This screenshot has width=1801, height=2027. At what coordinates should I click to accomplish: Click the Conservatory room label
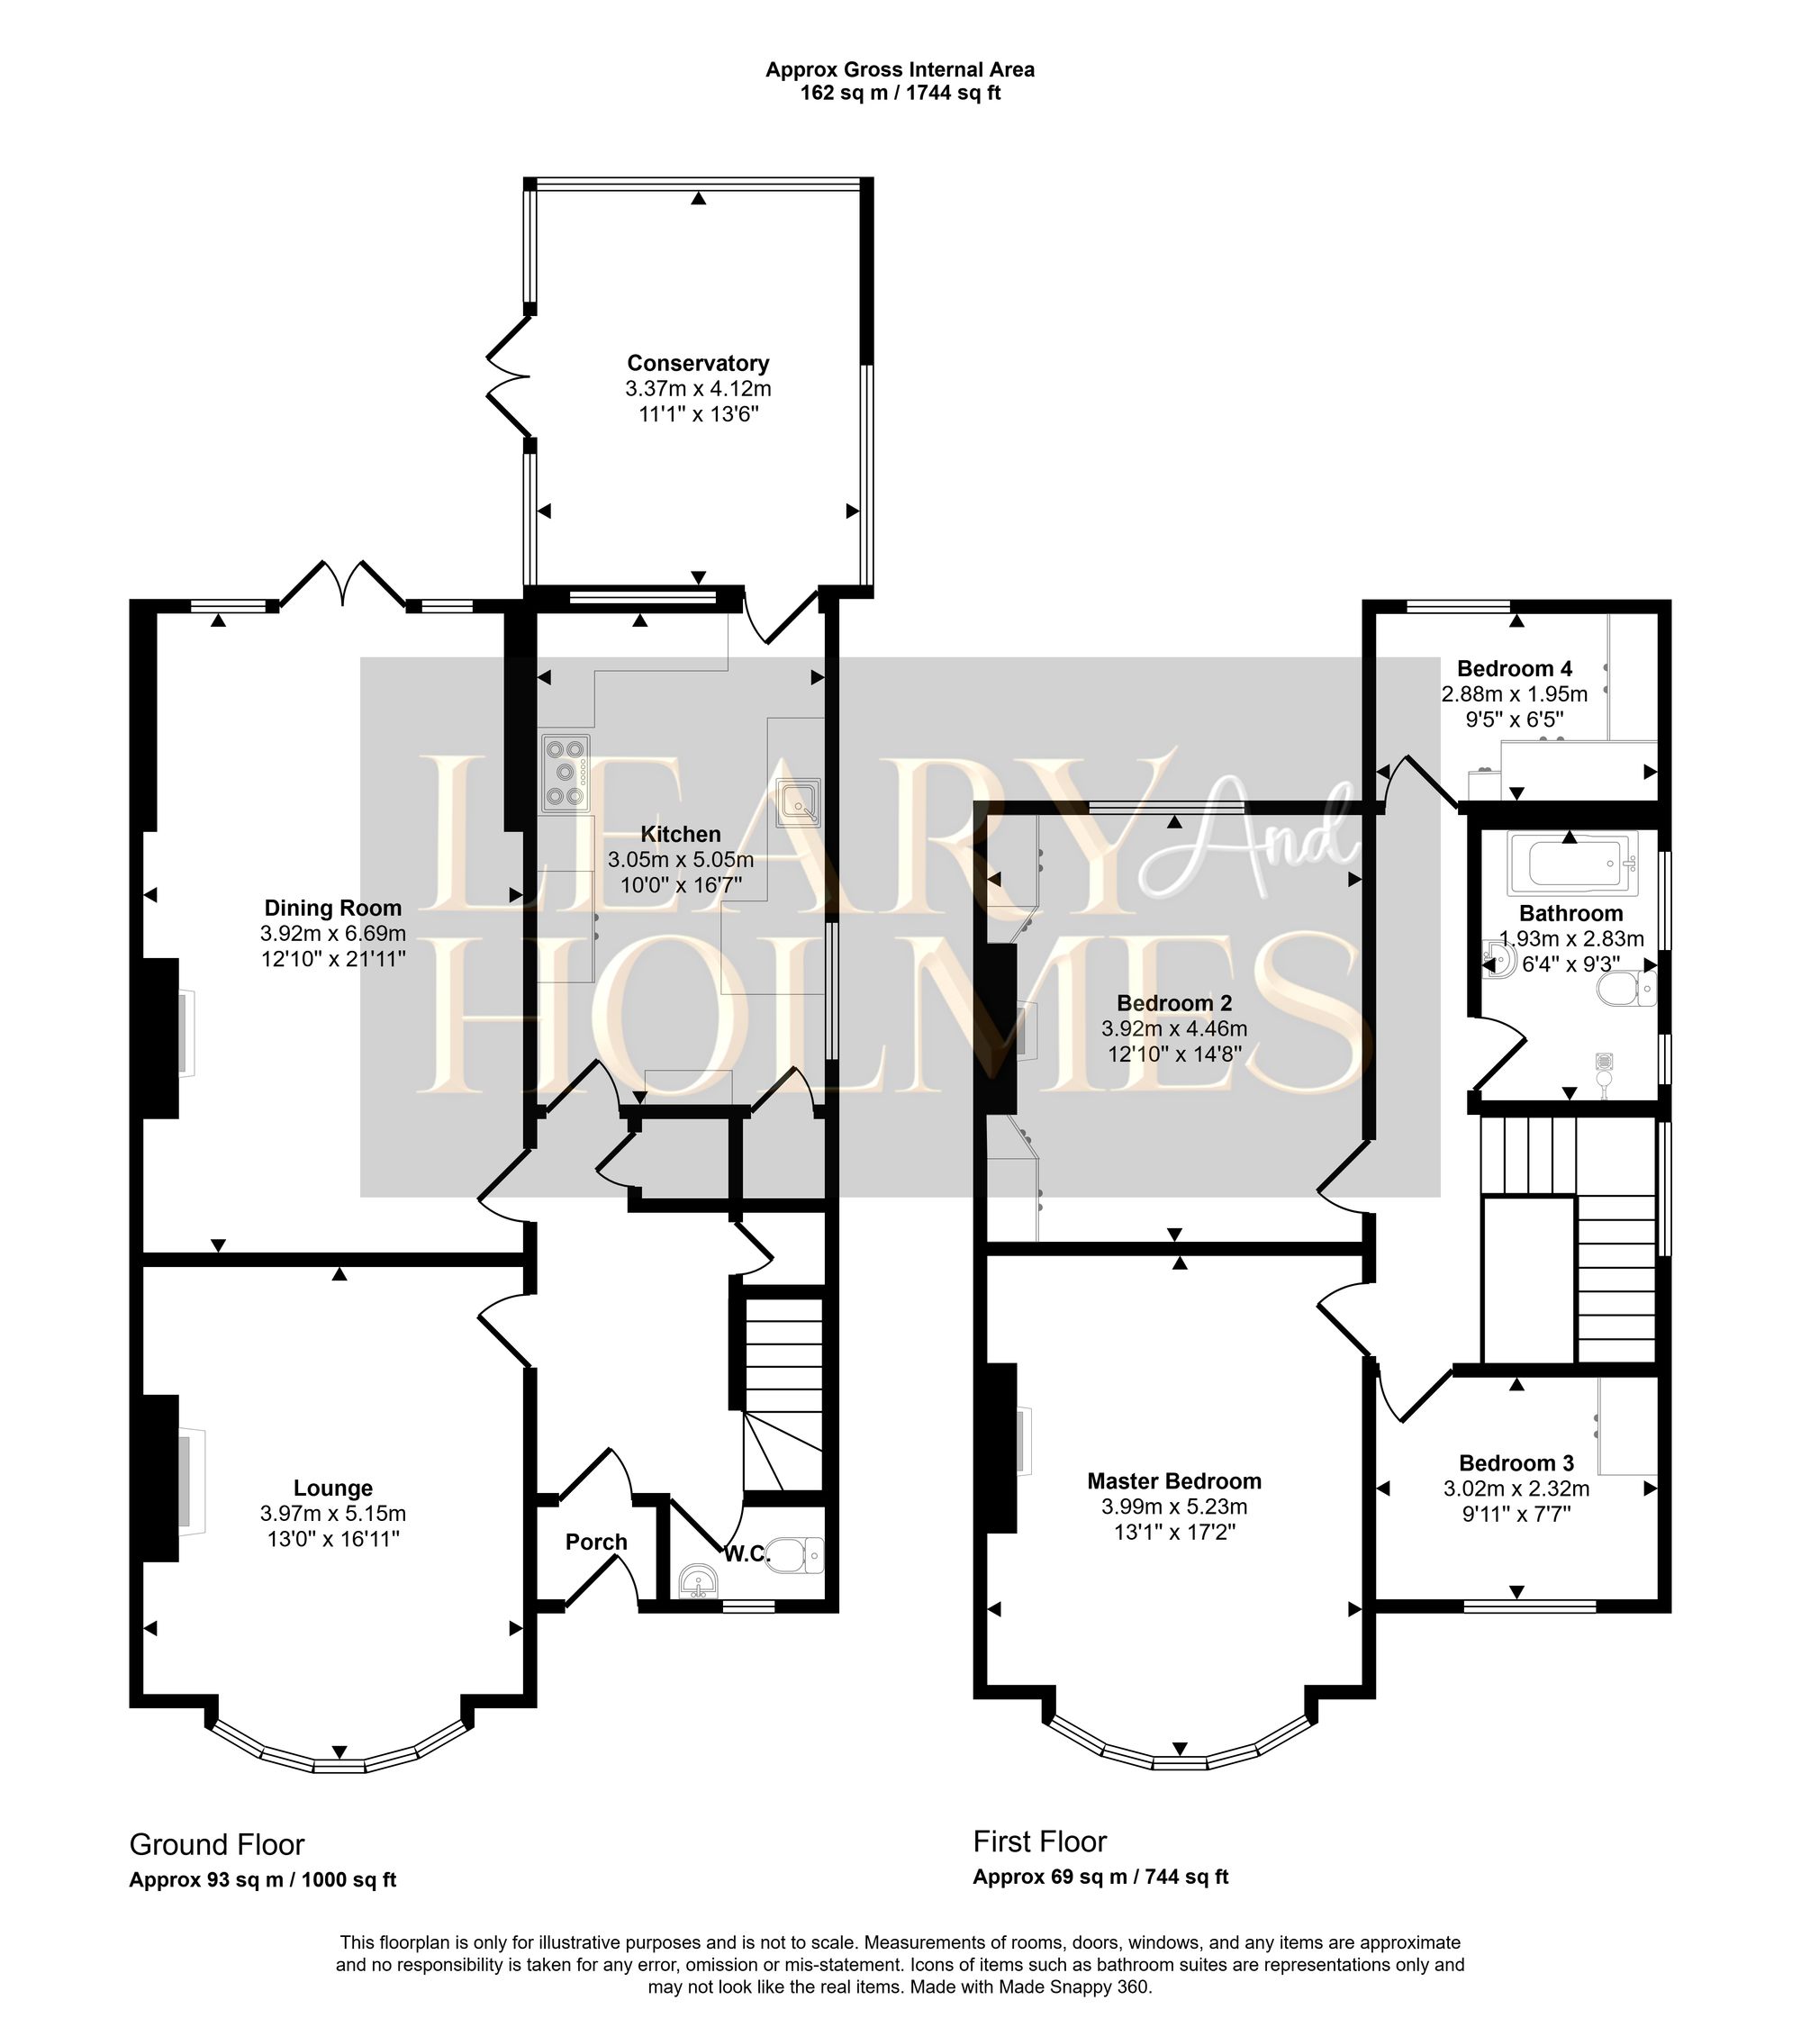pyautogui.click(x=697, y=363)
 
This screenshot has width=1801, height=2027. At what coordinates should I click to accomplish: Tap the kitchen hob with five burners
pyautogui.click(x=565, y=772)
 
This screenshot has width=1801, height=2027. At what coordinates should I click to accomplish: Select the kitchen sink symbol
pyautogui.click(x=800, y=802)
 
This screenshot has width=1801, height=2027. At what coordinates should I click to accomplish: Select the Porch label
pyautogui.click(x=596, y=1541)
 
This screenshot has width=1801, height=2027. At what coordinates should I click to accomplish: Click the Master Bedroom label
pyautogui.click(x=1173, y=1480)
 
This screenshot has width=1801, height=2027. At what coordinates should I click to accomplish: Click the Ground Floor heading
pyautogui.click(x=216, y=1844)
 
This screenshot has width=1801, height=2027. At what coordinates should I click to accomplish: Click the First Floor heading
pyautogui.click(x=1038, y=1841)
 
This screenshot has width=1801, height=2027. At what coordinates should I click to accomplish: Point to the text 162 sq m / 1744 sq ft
pyautogui.click(x=900, y=94)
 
